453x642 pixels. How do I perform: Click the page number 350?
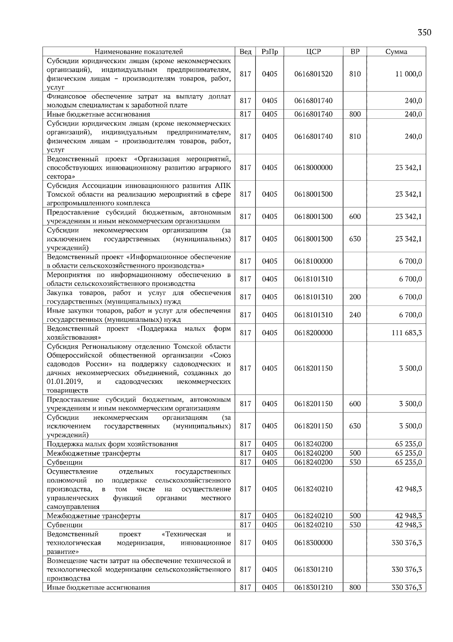(424, 33)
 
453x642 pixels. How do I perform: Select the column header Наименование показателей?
(139, 52)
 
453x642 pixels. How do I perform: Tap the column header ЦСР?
(313, 52)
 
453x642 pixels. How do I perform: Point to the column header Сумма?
(396, 52)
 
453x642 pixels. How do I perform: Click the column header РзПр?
(269, 52)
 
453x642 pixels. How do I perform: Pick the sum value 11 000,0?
(408, 74)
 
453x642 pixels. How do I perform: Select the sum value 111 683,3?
(407, 333)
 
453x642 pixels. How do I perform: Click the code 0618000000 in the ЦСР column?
(313, 167)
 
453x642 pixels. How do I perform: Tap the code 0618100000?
(313, 261)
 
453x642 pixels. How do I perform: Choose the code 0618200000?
(313, 333)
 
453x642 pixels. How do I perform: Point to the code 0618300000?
(313, 543)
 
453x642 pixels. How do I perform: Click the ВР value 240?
(355, 315)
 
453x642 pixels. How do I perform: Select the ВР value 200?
(355, 297)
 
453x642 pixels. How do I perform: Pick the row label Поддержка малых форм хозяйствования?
(112, 444)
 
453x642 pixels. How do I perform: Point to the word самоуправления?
(73, 507)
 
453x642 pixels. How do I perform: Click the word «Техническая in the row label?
(183, 534)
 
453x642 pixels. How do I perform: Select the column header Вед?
(245, 52)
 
